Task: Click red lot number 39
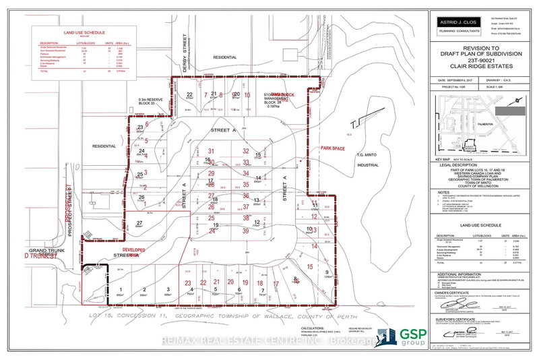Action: (247, 231)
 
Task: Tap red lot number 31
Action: (212, 151)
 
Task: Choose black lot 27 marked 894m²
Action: (139, 224)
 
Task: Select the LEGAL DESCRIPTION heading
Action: (456, 164)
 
